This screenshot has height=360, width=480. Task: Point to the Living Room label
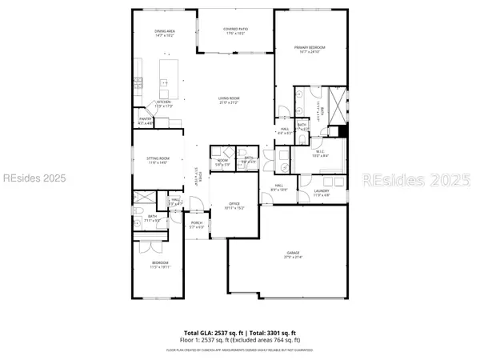[230, 98]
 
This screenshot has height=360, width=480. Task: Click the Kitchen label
[163, 102]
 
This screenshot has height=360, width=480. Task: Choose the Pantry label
[145, 119]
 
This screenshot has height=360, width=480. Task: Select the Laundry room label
[320, 191]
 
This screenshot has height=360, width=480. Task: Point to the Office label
[234, 204]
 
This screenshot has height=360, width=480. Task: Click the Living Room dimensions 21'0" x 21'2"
[230, 102]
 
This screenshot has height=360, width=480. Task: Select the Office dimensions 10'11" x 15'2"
[234, 209]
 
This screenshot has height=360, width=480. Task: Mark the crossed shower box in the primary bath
[338, 102]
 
